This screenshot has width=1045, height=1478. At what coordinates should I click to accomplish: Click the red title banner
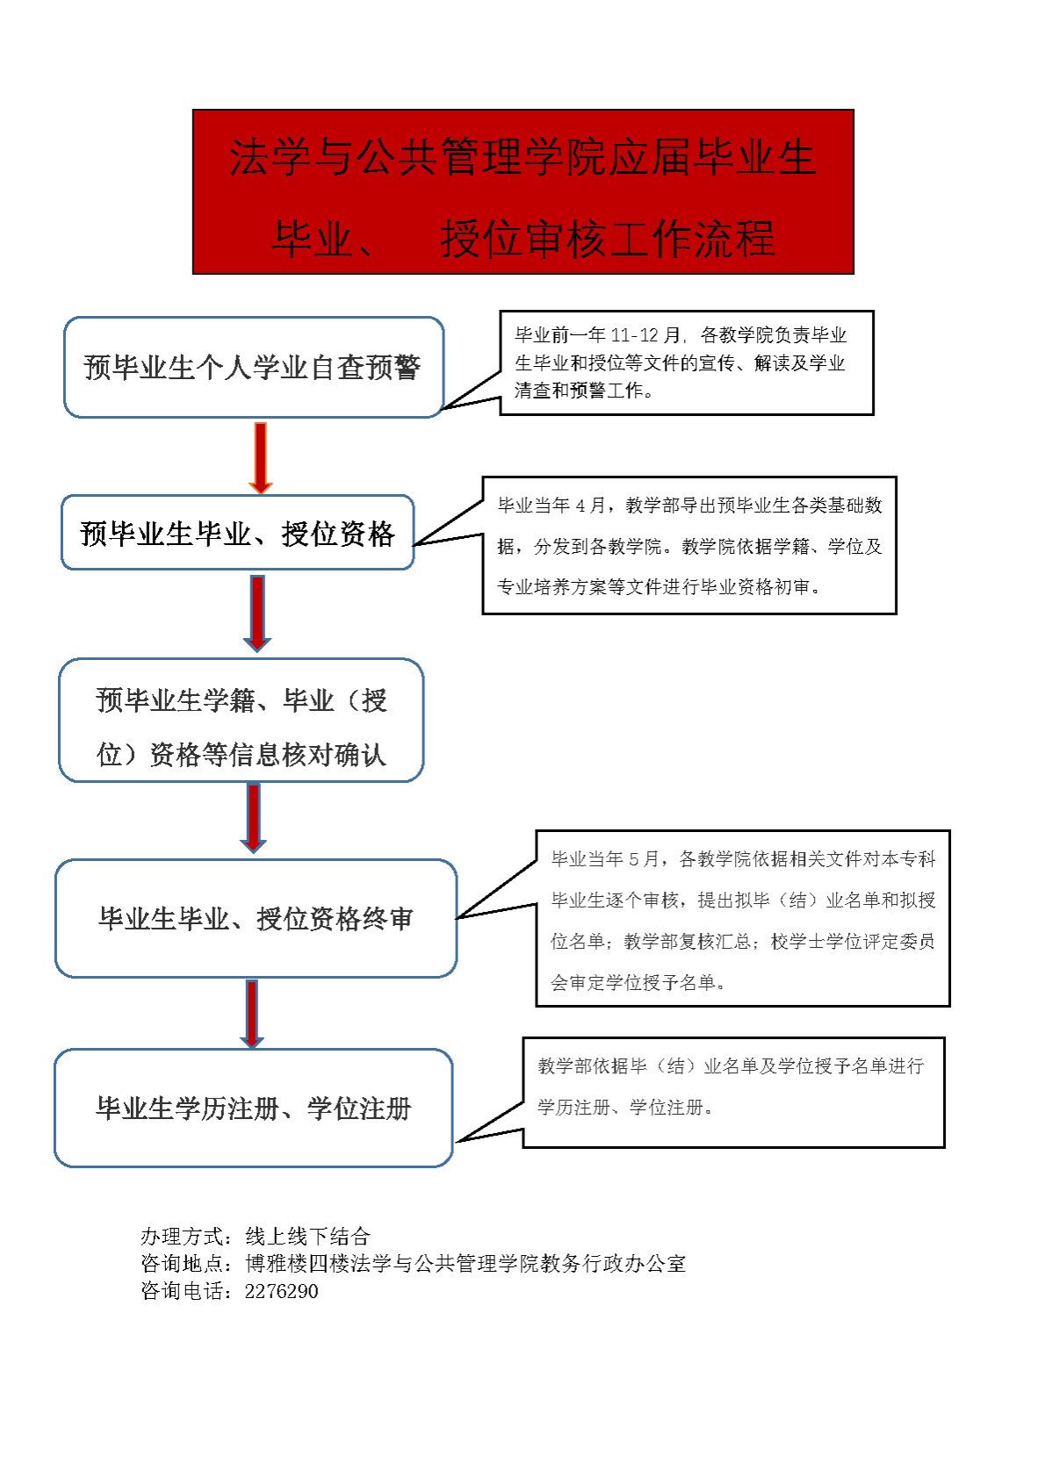[x=522, y=191]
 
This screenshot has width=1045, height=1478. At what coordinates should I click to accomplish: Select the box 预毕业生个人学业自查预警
[x=254, y=367]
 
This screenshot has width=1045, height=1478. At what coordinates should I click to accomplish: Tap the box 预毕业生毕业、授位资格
[x=238, y=533]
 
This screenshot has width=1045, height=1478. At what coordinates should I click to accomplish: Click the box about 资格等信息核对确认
[x=241, y=720]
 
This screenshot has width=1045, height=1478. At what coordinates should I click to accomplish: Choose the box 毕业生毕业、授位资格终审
[x=256, y=918]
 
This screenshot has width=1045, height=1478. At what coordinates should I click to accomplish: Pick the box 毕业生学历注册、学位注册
[x=254, y=1108]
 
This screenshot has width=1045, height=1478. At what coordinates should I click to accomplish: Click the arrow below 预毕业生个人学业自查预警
[x=261, y=458]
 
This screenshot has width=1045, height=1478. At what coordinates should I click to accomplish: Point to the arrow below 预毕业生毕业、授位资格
[x=257, y=613]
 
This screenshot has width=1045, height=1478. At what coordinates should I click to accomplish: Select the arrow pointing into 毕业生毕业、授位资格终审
[x=254, y=817]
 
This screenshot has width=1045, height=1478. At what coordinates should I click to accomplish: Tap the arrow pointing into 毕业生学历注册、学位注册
[x=251, y=1014]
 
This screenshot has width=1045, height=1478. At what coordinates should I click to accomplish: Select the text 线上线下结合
[x=307, y=1236]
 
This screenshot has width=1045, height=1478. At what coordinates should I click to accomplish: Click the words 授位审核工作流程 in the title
[x=608, y=238]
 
